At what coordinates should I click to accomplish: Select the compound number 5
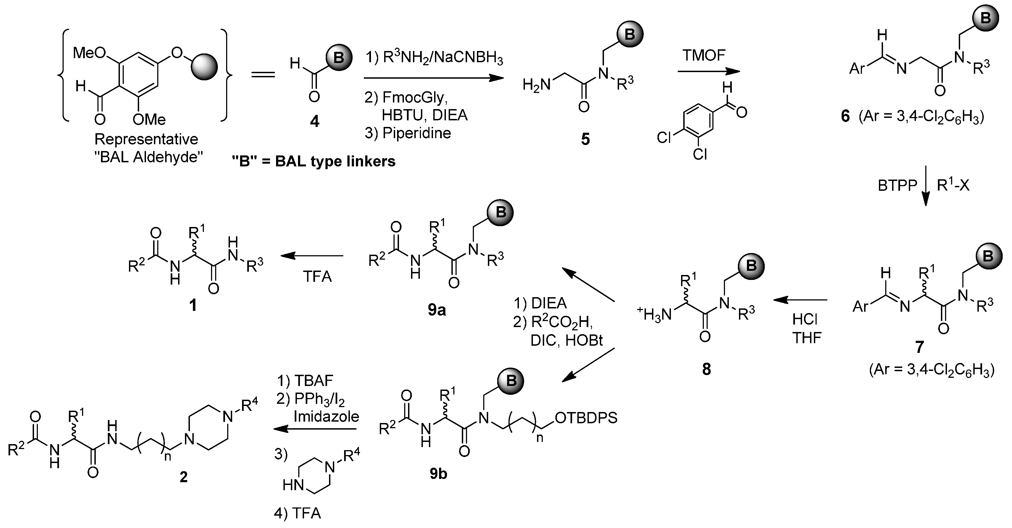pyautogui.click(x=585, y=139)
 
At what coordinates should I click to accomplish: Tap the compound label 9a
pyautogui.click(x=437, y=310)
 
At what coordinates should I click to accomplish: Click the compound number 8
pyautogui.click(x=706, y=369)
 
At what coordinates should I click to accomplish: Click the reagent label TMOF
pyautogui.click(x=704, y=55)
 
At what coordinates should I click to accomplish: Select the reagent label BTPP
pyautogui.click(x=897, y=185)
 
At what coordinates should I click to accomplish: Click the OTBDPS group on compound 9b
pyautogui.click(x=586, y=418)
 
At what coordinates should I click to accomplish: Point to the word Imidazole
pyautogui.click(x=326, y=416)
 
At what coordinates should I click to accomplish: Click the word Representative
pyautogui.click(x=146, y=139)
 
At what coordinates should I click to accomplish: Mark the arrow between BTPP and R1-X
pyautogui.click(x=926, y=185)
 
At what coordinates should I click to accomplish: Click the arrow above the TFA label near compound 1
pyautogui.click(x=312, y=256)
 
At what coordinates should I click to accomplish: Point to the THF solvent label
pyautogui.click(x=807, y=337)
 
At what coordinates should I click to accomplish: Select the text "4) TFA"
pyautogui.click(x=297, y=513)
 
